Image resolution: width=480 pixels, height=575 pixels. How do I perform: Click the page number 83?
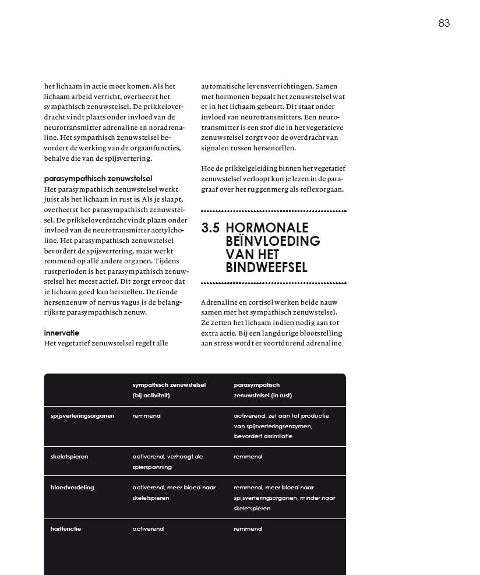pyautogui.click(x=444, y=23)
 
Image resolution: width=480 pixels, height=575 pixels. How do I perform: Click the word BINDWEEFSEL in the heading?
pyautogui.click(x=266, y=268)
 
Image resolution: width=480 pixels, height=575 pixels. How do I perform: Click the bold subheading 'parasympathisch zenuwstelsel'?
pyautogui.click(x=98, y=179)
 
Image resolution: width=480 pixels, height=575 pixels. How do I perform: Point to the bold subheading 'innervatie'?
pyautogui.click(x=61, y=333)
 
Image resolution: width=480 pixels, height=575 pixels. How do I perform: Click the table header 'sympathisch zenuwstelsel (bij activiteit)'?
pyautogui.click(x=169, y=390)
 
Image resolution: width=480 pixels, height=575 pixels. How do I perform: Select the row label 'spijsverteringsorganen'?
pyautogui.click(x=82, y=416)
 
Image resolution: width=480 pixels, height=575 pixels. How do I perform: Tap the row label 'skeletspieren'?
pyautogui.click(x=69, y=457)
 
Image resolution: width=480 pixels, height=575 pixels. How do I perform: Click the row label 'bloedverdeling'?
pyautogui.click(x=72, y=488)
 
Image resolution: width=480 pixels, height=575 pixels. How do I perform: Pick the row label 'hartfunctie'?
pyautogui.click(x=66, y=529)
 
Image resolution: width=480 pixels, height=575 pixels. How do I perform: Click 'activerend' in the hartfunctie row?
pyautogui.click(x=147, y=529)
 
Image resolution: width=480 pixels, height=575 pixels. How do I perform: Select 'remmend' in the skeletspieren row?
pyautogui.click(x=248, y=457)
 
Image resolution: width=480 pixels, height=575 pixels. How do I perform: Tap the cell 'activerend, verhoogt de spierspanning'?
pyautogui.click(x=167, y=461)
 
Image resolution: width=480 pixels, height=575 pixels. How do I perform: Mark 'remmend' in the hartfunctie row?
pyautogui.click(x=248, y=529)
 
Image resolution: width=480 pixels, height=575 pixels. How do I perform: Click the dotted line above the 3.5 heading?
pyautogui.click(x=273, y=211)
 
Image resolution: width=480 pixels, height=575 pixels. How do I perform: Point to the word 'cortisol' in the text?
pyautogui.click(x=260, y=302)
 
